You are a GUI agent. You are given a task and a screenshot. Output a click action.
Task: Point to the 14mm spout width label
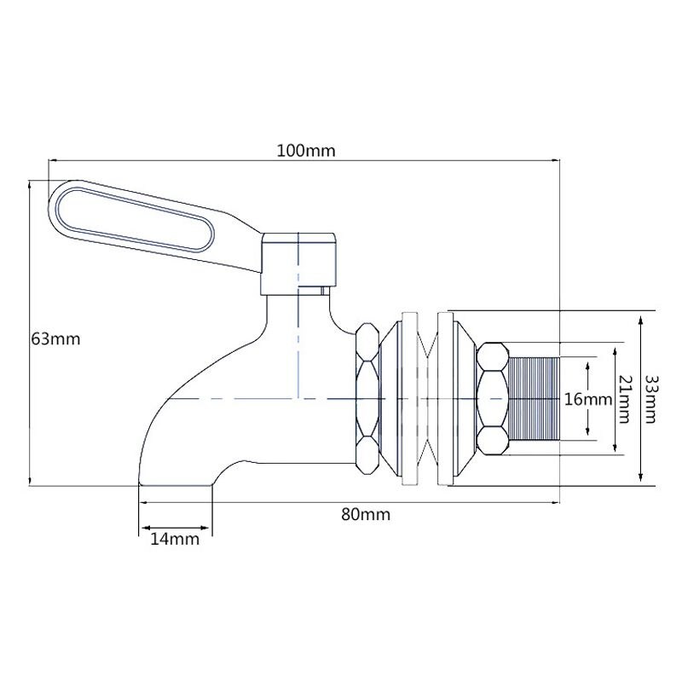click(x=175, y=539)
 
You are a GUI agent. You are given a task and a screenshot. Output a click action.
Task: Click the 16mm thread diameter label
click(x=588, y=399)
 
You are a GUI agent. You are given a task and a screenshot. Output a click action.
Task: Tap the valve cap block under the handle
click(x=301, y=260)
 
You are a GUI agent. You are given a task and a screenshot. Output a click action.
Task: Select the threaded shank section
click(x=535, y=398)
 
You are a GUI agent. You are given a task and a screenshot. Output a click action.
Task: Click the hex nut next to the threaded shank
click(x=492, y=398)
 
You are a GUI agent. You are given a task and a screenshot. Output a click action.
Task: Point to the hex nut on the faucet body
click(x=367, y=398)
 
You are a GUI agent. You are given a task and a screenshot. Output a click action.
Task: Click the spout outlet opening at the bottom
click(x=175, y=483)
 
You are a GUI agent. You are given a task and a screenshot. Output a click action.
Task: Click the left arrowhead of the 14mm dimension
click(x=142, y=529)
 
